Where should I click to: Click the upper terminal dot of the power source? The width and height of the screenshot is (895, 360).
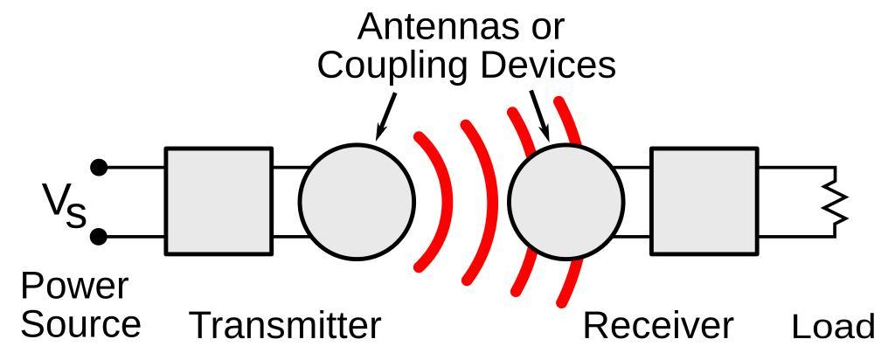(100, 167)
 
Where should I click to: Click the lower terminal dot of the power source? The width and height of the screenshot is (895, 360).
(100, 236)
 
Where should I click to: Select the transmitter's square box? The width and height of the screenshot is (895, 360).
(219, 201)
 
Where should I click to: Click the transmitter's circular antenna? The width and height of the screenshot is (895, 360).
(356, 201)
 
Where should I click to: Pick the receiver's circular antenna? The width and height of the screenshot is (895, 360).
(566, 201)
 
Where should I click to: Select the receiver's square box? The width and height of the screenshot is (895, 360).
(704, 201)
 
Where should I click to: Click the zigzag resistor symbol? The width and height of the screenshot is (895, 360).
(837, 202)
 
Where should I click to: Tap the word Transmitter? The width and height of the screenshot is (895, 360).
(285, 326)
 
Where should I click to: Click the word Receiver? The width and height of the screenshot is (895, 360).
(657, 326)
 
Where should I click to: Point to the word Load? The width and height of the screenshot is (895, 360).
(832, 328)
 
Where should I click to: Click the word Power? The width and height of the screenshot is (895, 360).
(74, 287)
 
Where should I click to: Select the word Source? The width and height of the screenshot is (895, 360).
(80, 324)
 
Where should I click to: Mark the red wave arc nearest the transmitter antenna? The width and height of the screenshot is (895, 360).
(437, 201)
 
